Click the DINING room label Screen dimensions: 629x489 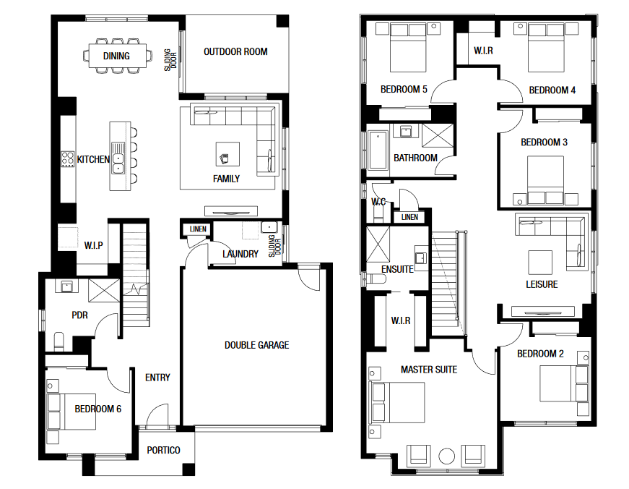pos(116,56)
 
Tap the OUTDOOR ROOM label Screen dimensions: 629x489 pos(235,51)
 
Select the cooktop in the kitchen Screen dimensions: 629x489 pos(67,158)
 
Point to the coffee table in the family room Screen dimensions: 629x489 pos(228,154)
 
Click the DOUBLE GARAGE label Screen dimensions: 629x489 pos(257,345)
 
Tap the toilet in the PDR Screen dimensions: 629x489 pos(59,341)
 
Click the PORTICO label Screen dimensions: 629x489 pos(163,450)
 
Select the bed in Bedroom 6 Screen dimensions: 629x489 pos(71,412)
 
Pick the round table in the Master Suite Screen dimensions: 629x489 pos(446,456)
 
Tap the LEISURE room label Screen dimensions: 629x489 pos(542,284)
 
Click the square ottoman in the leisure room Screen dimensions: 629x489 pos(540,263)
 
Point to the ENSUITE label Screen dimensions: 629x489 pos(397,269)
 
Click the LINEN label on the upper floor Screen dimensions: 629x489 pos(409,217)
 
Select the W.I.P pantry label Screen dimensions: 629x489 pos(93,245)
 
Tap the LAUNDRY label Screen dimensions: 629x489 pos(240,254)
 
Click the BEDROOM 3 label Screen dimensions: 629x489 pos(544,142)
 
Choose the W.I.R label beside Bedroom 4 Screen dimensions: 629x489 pos(483,51)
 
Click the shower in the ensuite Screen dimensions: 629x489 pos(378,244)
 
